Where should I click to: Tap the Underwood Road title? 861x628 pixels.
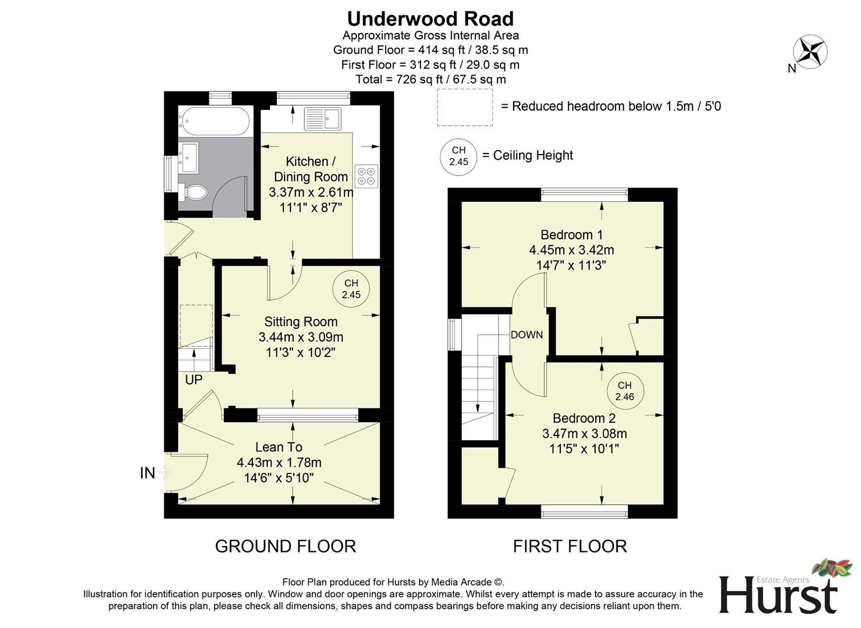pyautogui.click(x=430, y=19)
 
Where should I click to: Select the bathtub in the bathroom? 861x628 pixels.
pyautogui.click(x=215, y=122)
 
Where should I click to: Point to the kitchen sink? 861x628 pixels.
pyautogui.click(x=323, y=119)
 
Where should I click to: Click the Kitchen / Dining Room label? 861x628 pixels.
pyautogui.click(x=311, y=169)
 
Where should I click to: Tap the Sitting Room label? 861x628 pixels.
pyautogui.click(x=301, y=322)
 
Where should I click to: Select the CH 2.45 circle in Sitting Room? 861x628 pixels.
pyautogui.click(x=351, y=289)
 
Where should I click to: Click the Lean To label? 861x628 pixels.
pyautogui.click(x=279, y=447)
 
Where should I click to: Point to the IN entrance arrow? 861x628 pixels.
pyautogui.click(x=163, y=473)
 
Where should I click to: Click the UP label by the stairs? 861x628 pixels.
pyautogui.click(x=194, y=380)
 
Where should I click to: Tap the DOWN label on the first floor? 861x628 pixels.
pyautogui.click(x=526, y=335)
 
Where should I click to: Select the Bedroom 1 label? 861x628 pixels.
pyautogui.click(x=571, y=235)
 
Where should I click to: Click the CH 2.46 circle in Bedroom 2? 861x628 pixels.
pyautogui.click(x=624, y=391)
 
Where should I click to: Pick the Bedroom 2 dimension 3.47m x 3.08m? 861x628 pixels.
pyautogui.click(x=584, y=433)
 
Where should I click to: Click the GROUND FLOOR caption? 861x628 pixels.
pyautogui.click(x=285, y=546)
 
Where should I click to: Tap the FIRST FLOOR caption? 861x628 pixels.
pyautogui.click(x=570, y=546)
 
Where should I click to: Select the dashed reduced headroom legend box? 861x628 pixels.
pyautogui.click(x=465, y=107)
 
